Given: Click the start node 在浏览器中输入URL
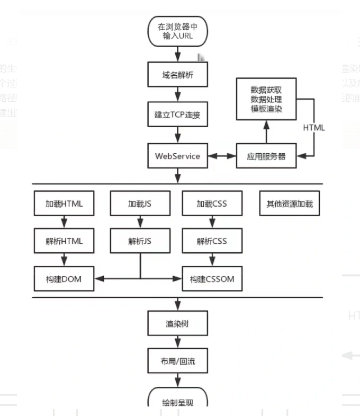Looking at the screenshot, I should pyautogui.click(x=178, y=31).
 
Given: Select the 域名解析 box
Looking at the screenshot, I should pyautogui.click(x=178, y=75).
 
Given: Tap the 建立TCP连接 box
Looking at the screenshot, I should pyautogui.click(x=178, y=114).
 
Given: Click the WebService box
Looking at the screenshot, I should pyautogui.click(x=178, y=156).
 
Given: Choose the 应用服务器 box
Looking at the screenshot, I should pyautogui.click(x=266, y=156).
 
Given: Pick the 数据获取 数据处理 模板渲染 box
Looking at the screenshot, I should pyautogui.click(x=266, y=99).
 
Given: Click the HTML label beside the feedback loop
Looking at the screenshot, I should pyautogui.click(x=314, y=128).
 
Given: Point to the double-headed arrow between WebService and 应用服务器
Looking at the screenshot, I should pyautogui.click(x=222, y=156).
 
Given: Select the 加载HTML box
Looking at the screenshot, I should pyautogui.click(x=64, y=203).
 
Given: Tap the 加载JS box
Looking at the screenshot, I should pyautogui.click(x=140, y=203).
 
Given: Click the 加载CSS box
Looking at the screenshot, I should pyautogui.click(x=212, y=203).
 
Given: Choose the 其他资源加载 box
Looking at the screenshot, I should pyautogui.click(x=290, y=203).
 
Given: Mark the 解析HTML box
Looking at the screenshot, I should pyautogui.click(x=64, y=241).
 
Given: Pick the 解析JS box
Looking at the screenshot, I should pyautogui.click(x=140, y=241).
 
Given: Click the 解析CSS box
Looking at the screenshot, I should pyautogui.click(x=212, y=241).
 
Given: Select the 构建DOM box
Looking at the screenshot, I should pyautogui.click(x=64, y=279).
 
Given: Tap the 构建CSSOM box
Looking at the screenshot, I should pyautogui.click(x=212, y=279).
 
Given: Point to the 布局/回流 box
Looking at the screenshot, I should pyautogui.click(x=178, y=361).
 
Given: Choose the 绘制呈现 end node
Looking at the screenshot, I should pyautogui.click(x=178, y=400).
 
